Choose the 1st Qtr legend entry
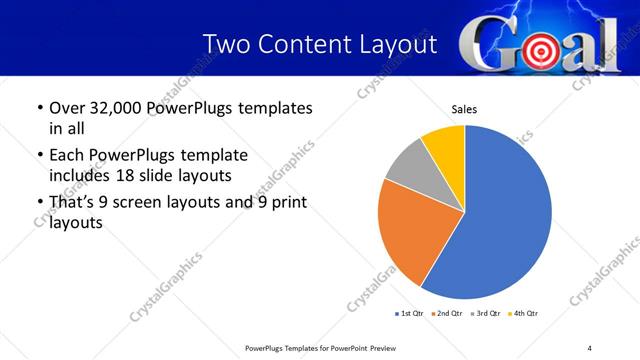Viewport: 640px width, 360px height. (x=410, y=314)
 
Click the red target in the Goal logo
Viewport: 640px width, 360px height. (x=540, y=47)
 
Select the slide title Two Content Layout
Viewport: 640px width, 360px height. (x=319, y=44)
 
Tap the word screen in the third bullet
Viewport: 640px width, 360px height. (x=136, y=203)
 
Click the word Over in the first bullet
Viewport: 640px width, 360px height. (x=66, y=108)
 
